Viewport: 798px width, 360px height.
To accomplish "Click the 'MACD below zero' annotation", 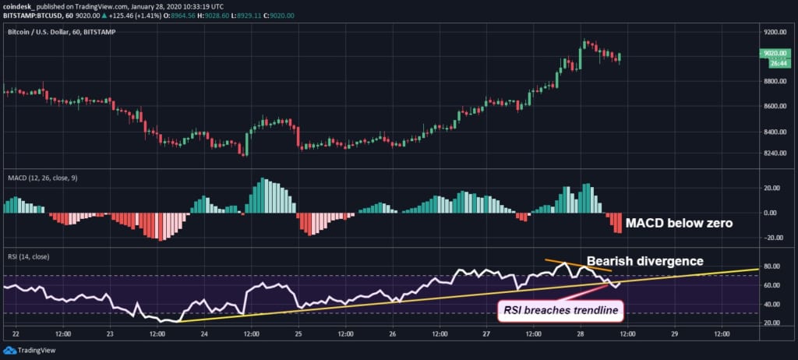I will tap(680, 223).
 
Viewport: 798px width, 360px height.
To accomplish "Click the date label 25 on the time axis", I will tap(298, 334).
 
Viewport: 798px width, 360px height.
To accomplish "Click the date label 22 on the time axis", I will tap(16, 334).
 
